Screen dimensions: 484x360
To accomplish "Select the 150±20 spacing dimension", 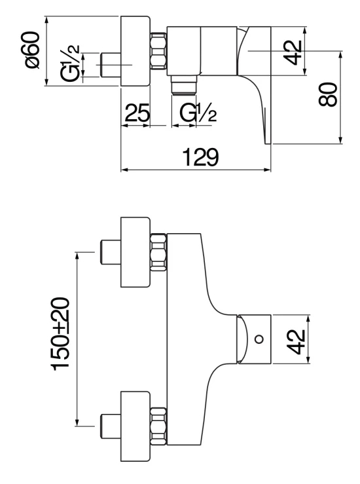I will (x=62, y=334).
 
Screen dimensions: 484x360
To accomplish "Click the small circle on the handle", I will (x=259, y=340).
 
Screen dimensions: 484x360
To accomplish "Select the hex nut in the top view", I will (x=158, y=52).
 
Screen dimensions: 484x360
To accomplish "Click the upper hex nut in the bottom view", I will (x=158, y=252).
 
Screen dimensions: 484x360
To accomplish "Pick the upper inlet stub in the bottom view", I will (x=108, y=252).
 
